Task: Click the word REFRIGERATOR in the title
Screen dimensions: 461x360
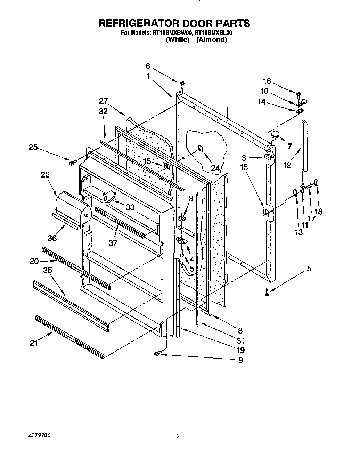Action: click(x=137, y=23)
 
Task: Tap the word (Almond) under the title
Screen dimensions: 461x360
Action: click(x=211, y=40)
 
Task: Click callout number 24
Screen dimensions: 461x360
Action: click(x=215, y=168)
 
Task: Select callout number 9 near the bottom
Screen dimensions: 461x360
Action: click(x=240, y=360)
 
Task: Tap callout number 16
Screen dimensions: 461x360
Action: click(x=267, y=81)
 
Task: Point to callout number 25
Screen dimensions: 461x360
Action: click(x=33, y=147)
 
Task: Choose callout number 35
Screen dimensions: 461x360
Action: click(x=48, y=270)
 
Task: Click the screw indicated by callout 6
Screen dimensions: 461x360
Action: click(x=182, y=84)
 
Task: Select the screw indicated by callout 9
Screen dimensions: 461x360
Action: click(x=157, y=353)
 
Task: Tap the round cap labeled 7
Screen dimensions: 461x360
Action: click(x=275, y=134)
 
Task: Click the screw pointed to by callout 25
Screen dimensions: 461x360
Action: click(x=73, y=162)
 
